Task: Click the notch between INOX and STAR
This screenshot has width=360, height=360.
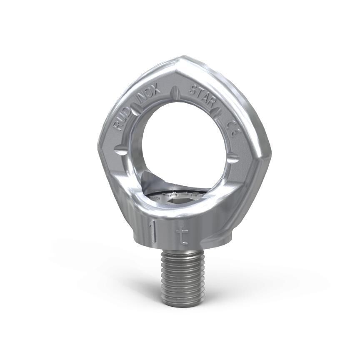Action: [x=176, y=90]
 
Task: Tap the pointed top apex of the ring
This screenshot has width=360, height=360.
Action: [x=179, y=58]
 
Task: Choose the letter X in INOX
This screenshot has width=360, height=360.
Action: [x=157, y=89]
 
